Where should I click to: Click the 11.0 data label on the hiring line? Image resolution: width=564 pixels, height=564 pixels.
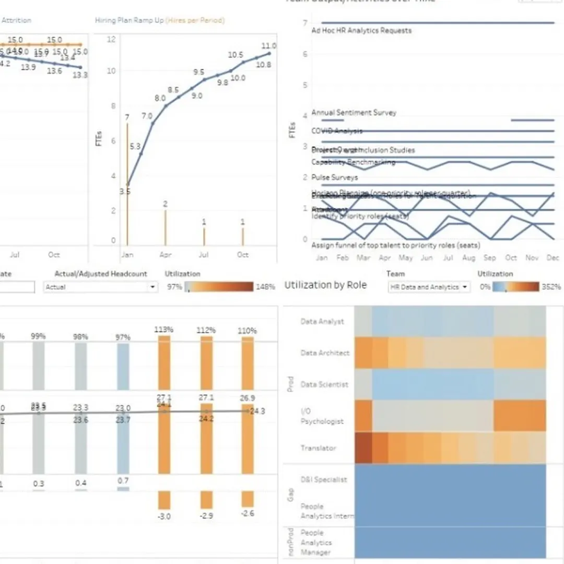click(x=269, y=46)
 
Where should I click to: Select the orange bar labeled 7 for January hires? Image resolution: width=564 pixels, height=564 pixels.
click(x=127, y=183)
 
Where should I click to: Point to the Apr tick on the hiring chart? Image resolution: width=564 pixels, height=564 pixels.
click(x=165, y=255)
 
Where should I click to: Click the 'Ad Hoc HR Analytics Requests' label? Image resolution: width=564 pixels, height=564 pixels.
click(x=361, y=31)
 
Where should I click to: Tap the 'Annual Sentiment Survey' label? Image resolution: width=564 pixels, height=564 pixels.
click(x=354, y=113)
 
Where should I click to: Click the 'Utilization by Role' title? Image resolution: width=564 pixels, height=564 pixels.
click(x=325, y=285)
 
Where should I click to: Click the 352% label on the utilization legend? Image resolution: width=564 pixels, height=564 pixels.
click(x=551, y=287)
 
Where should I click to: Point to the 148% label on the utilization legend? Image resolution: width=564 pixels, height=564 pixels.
click(x=265, y=287)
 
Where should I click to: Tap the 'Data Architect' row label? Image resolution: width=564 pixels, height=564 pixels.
click(x=325, y=353)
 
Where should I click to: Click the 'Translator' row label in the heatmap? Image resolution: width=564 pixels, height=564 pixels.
click(x=318, y=448)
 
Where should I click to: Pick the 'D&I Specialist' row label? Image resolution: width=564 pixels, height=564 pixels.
click(x=323, y=480)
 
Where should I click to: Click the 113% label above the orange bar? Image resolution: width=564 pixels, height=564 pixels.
click(x=164, y=330)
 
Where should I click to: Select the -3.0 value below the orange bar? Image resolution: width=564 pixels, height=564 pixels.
click(x=164, y=516)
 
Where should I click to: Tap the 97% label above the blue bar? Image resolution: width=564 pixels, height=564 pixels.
click(x=123, y=338)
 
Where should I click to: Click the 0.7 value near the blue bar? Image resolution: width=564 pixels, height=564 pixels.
click(x=123, y=480)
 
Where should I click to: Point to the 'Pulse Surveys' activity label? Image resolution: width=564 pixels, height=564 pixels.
click(x=334, y=178)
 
